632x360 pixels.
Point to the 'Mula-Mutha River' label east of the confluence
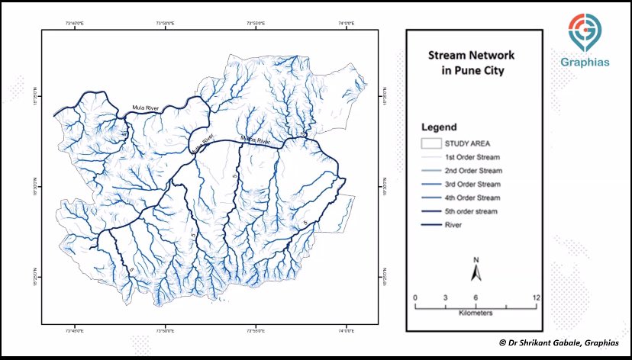pos(256,140)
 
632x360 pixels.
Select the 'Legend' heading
pos(439,127)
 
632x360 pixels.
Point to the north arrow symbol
pos(475,270)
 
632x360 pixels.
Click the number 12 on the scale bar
pos(537,297)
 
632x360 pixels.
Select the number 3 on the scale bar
pos(445,297)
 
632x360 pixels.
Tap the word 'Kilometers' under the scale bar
pos(476,313)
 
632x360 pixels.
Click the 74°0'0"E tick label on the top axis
pos(345,24)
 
